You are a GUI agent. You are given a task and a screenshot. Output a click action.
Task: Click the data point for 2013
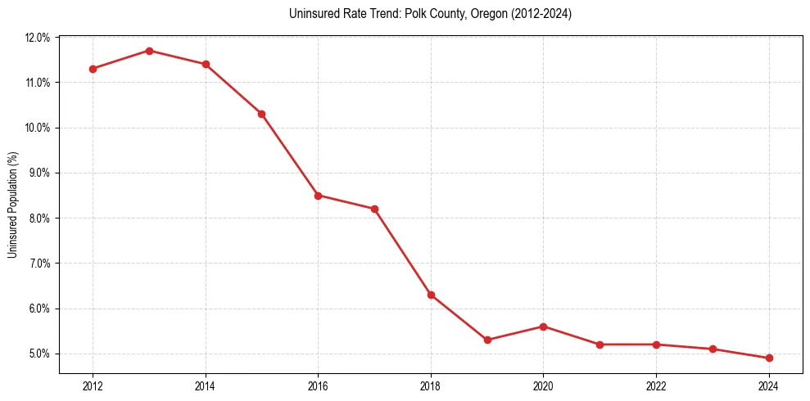click(x=149, y=51)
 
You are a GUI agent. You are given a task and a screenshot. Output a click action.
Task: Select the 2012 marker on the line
click(x=93, y=69)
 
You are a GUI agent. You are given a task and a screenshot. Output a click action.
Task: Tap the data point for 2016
click(x=318, y=196)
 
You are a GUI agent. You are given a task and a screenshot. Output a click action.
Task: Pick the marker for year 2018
click(x=431, y=295)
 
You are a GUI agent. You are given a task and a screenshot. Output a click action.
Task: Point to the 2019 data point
click(x=487, y=340)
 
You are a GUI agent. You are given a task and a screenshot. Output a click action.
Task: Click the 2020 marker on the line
click(x=544, y=327)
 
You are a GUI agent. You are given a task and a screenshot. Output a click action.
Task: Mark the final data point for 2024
click(x=769, y=358)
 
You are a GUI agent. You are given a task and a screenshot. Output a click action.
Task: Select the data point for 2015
click(x=261, y=114)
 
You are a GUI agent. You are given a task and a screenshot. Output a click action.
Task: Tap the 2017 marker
click(x=374, y=209)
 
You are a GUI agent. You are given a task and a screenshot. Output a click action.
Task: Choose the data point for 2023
click(x=713, y=349)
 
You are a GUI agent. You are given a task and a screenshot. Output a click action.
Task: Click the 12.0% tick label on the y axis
click(x=38, y=38)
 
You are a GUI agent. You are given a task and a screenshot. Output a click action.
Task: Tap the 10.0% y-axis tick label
click(x=38, y=128)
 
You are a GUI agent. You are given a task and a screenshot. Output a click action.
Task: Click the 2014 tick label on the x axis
click(x=206, y=386)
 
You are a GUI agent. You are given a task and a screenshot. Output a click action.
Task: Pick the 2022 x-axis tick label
click(x=656, y=386)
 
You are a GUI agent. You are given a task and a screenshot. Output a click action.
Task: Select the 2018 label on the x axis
click(x=431, y=386)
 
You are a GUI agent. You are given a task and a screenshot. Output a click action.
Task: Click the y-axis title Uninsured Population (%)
click(x=13, y=205)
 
